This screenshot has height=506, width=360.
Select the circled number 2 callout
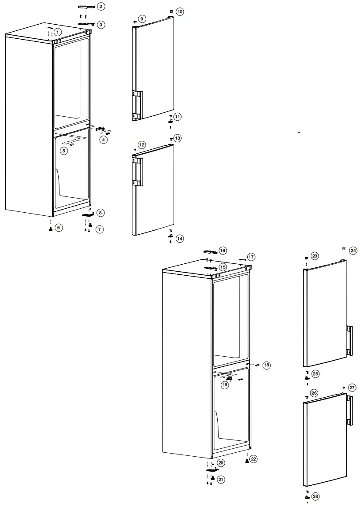point(101,6)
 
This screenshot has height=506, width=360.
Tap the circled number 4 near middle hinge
point(103,140)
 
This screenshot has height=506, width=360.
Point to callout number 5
point(64,151)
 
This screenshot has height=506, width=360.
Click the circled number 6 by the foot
point(59,228)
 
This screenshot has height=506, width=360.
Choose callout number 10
point(180,11)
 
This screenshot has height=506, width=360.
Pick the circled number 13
point(178,138)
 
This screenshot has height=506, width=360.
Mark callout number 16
point(223,251)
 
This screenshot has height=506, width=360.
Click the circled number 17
point(251,257)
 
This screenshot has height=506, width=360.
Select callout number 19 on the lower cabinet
point(225,384)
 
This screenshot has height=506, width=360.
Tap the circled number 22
point(253,459)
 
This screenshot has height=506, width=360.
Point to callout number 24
point(353,250)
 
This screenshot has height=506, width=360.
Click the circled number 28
point(315,496)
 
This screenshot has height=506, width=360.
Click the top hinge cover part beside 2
point(84,7)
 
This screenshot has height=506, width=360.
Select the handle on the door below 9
point(137,105)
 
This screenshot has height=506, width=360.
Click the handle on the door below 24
point(349,341)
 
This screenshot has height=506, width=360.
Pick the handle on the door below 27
point(349,410)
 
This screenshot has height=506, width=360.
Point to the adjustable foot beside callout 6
point(51,229)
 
